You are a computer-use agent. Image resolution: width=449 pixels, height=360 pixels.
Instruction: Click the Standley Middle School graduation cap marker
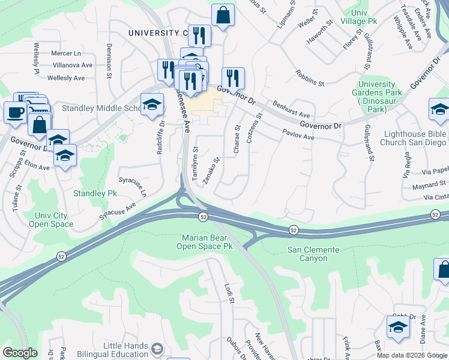(152, 104)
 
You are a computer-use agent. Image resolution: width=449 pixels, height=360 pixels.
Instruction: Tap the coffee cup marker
(15, 111)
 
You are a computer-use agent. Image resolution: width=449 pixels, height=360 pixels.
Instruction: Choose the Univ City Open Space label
(51, 220)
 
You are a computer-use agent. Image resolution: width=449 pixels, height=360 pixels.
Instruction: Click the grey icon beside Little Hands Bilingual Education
(157, 349)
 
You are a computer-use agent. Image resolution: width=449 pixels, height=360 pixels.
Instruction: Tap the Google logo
(20, 353)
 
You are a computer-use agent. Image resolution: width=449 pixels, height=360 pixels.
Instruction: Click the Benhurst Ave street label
(291, 109)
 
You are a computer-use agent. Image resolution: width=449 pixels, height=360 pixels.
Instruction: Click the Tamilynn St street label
(195, 164)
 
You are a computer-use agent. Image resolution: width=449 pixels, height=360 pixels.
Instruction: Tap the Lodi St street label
(228, 293)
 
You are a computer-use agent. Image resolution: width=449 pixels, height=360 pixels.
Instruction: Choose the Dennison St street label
(109, 68)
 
